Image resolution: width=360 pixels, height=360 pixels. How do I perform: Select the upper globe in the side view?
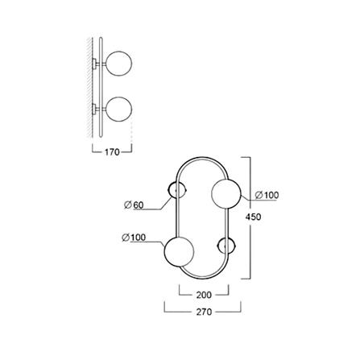pyautogui.click(x=120, y=64)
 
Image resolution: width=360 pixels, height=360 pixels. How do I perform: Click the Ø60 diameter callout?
pyautogui.click(x=134, y=205)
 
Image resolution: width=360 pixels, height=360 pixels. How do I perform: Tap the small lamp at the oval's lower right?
pyautogui.click(x=226, y=246)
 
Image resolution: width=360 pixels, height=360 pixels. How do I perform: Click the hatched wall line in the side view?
pyautogui.click(x=85, y=89)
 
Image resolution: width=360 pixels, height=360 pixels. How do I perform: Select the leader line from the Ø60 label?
pyautogui.click(x=159, y=201)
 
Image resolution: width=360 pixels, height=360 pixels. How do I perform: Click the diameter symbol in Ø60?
pyautogui.click(x=127, y=205)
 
